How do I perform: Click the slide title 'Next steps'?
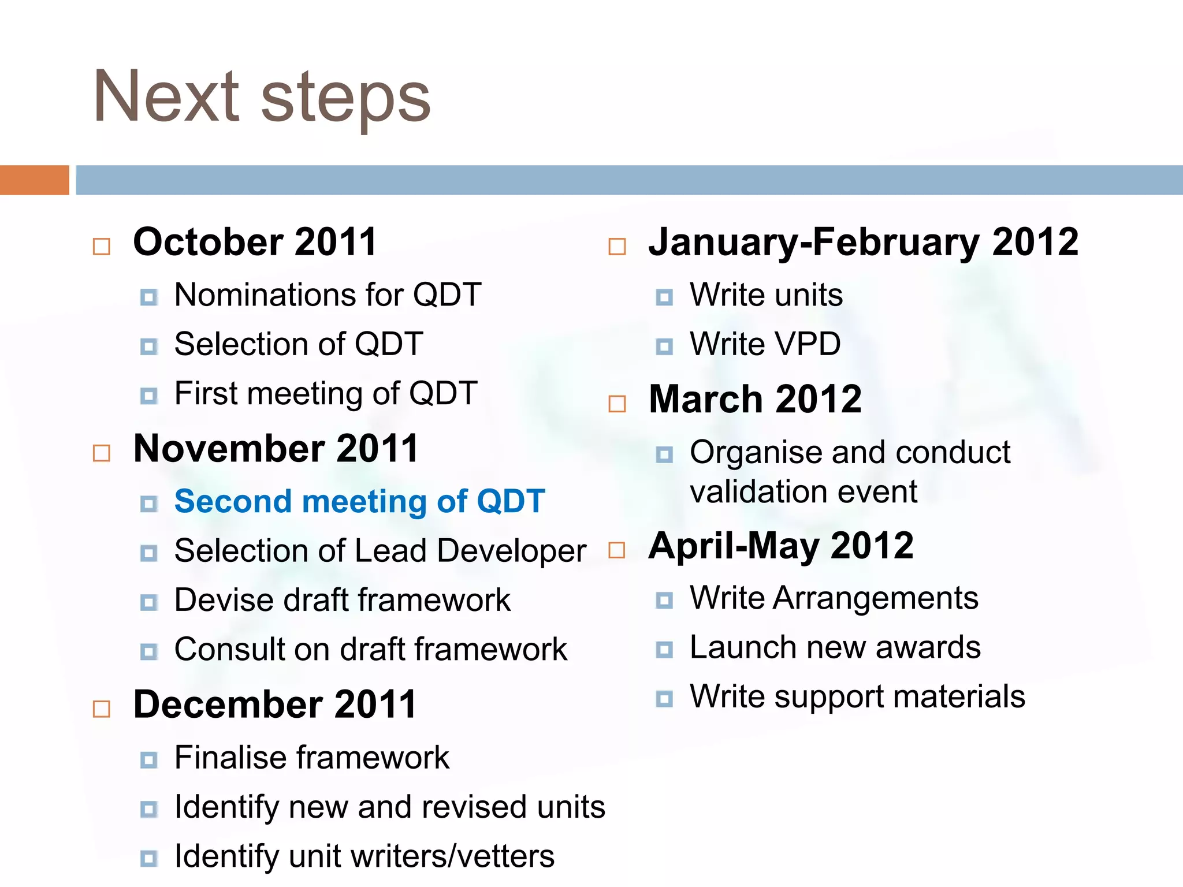coord(262,97)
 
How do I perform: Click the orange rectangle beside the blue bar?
coord(34,180)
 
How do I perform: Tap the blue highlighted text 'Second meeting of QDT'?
coord(359,501)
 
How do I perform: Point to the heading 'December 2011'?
coord(274,705)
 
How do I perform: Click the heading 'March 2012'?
coord(755,399)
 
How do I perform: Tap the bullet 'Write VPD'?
coord(765,344)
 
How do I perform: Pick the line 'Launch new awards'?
coord(835,647)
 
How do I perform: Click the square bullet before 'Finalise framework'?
coord(149,759)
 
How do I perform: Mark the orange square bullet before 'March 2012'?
coord(617,404)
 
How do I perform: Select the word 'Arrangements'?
coord(875,598)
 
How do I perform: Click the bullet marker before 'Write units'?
coord(664,297)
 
